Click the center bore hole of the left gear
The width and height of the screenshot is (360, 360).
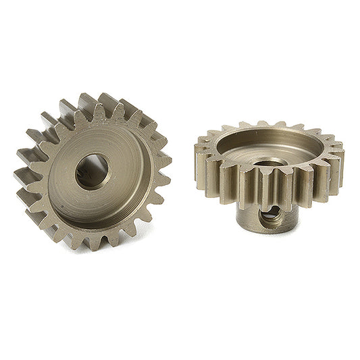pos(92,172)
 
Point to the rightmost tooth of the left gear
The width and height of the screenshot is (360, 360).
pos(163,161)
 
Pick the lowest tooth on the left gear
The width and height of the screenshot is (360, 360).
pos(92,242)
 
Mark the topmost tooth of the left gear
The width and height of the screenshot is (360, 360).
pos(86,101)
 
